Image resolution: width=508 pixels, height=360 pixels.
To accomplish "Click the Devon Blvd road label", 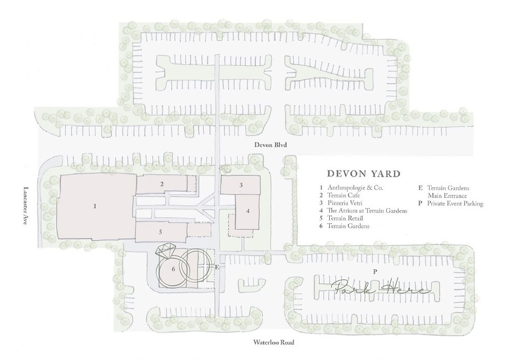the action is point(271,145).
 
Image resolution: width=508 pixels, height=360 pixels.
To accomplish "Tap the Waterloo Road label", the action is point(274,342).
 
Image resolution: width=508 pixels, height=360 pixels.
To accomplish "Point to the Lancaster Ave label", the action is point(26,206).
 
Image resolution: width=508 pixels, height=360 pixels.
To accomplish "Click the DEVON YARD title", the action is point(363,174).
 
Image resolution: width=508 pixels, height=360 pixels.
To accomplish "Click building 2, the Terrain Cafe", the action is point(162,184).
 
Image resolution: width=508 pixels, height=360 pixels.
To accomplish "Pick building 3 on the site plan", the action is point(241,185).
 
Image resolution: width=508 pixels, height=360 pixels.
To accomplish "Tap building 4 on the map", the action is point(248,211).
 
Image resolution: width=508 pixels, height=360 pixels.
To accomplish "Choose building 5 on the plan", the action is point(161,232).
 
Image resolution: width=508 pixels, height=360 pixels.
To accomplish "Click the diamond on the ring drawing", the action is point(166,250).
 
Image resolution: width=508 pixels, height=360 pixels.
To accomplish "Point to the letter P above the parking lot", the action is point(375,271).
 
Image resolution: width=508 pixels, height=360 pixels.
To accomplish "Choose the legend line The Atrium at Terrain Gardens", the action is point(367,211).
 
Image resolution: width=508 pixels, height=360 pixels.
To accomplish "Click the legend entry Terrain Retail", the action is point(345,218).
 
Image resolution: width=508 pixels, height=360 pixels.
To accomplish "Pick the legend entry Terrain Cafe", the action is point(344,195).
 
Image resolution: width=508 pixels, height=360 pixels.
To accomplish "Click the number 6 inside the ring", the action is point(173,269).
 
